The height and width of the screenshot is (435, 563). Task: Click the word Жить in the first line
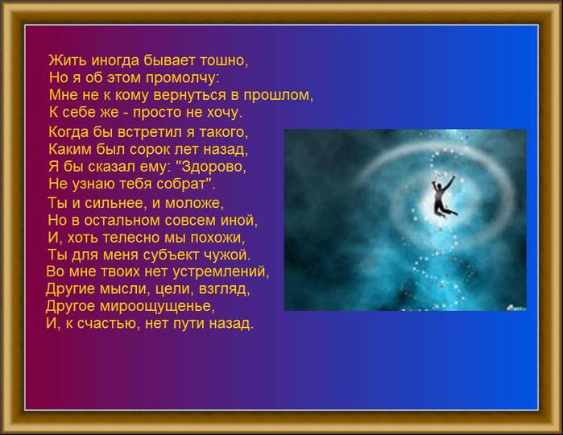(68, 60)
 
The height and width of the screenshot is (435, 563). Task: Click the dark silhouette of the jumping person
(444, 196)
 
